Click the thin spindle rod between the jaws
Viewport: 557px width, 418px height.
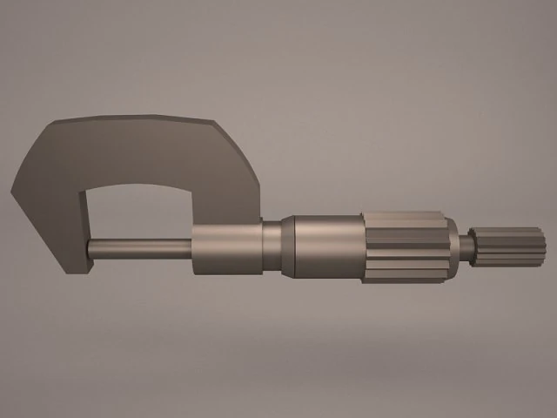139,248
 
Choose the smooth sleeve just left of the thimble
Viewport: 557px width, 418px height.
326,248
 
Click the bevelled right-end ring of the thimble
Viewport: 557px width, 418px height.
451,247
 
